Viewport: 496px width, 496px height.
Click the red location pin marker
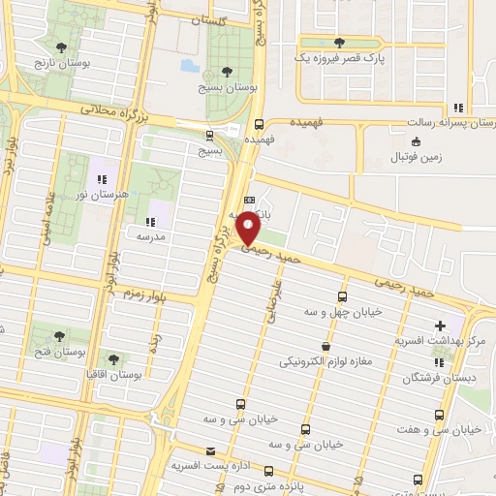point(249,227)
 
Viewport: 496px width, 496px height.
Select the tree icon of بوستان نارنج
point(62,46)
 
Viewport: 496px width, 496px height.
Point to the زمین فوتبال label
point(416,156)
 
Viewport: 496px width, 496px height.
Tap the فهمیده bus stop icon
point(259,124)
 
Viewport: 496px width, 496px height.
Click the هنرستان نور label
point(101,195)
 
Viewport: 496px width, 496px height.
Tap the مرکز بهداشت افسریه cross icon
point(441,325)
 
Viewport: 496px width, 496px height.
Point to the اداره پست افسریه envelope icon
point(211,451)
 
